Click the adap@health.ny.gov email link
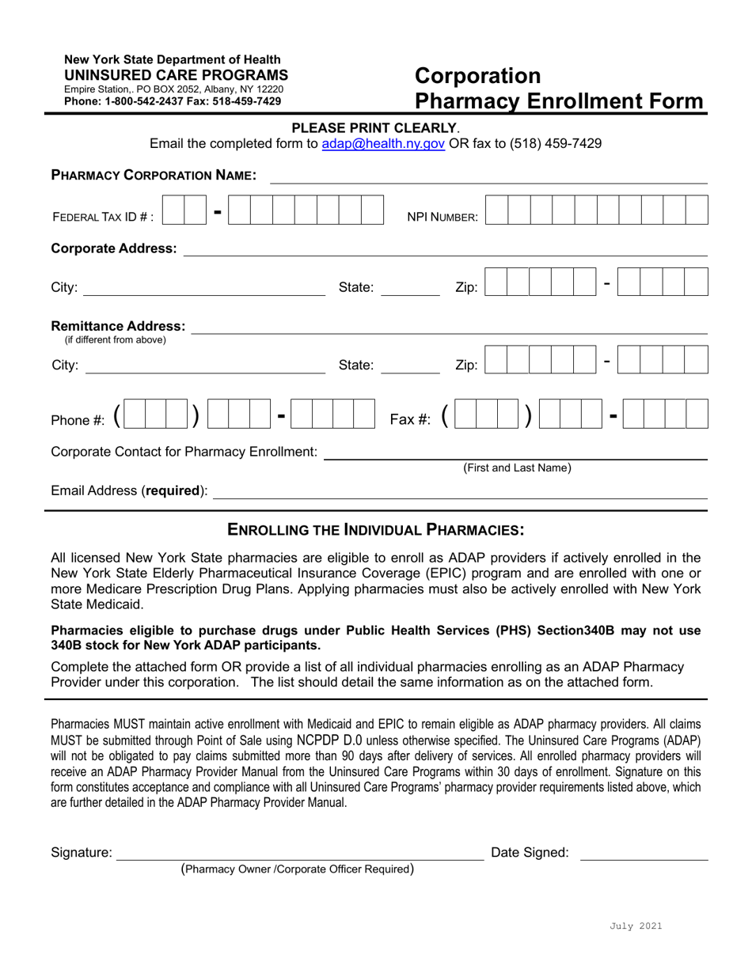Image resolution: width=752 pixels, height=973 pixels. point(383,144)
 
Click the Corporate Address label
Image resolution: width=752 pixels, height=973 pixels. point(114,248)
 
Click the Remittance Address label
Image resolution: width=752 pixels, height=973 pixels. point(119,326)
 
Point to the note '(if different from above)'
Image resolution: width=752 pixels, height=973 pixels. point(115,340)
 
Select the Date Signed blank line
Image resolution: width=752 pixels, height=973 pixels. point(644,853)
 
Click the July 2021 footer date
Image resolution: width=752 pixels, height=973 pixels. point(636,926)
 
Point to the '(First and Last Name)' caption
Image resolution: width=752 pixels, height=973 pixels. point(517,468)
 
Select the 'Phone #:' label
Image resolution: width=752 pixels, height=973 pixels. point(78,420)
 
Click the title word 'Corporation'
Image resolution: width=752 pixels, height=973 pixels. point(478,76)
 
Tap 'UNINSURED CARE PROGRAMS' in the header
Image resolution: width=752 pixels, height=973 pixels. point(176,74)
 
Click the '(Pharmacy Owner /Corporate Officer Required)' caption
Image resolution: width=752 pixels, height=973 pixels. point(298,869)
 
